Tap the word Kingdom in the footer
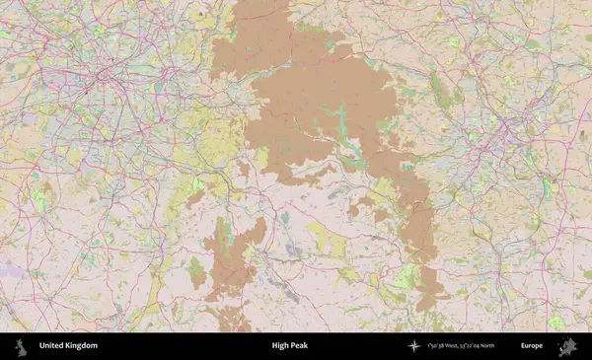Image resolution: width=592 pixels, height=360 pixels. coord(82,346)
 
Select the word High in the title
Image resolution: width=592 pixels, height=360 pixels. coord(280,346)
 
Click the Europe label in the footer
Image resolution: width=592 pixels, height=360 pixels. coord(532,346)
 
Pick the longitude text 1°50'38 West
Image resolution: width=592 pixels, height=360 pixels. coord(446,346)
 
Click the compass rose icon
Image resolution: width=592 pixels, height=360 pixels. coord(414,346)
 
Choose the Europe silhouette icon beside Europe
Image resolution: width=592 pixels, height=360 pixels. coord(567,346)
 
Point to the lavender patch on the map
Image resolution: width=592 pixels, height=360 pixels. coord(10,268)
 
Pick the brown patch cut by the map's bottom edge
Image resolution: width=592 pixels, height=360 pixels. coord(234,321)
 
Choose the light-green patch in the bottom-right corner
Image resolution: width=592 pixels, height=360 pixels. coord(557,321)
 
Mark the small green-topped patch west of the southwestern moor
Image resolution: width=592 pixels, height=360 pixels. coord(195,271)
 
